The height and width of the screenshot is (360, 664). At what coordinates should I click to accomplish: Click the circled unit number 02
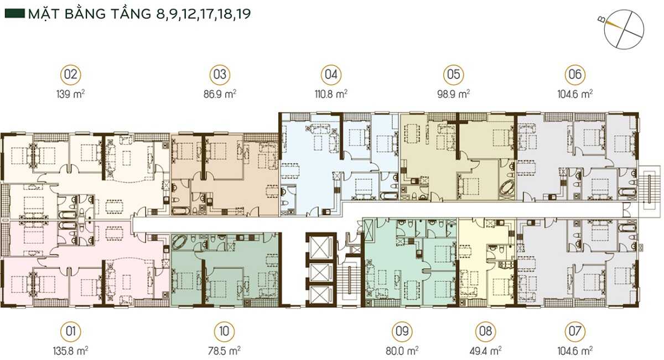[x=71, y=74]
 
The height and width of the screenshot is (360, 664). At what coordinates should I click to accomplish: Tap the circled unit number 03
[x=220, y=74]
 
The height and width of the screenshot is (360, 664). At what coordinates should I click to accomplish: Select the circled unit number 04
[x=331, y=74]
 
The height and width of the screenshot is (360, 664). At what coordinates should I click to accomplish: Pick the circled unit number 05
[x=454, y=74]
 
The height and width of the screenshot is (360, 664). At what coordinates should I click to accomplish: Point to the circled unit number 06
[x=575, y=74]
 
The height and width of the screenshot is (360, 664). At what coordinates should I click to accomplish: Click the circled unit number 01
[x=71, y=331]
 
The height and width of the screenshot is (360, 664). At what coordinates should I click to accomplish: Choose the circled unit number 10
[x=224, y=331]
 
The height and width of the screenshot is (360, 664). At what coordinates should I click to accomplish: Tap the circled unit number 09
[x=402, y=331]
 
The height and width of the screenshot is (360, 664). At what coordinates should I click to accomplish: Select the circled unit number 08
[x=486, y=331]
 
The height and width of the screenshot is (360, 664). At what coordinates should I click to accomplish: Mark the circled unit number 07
[x=575, y=331]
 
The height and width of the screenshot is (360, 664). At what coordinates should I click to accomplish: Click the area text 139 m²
[x=71, y=94]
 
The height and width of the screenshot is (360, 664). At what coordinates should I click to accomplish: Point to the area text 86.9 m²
[x=220, y=94]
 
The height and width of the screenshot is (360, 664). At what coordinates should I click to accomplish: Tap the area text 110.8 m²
[x=331, y=94]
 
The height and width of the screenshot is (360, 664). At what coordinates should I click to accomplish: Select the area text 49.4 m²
[x=486, y=351]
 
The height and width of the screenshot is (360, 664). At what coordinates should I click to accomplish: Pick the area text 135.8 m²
[x=71, y=351]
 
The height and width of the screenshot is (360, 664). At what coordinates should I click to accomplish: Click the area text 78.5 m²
[x=224, y=351]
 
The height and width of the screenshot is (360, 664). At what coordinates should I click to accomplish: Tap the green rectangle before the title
[x=15, y=14]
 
